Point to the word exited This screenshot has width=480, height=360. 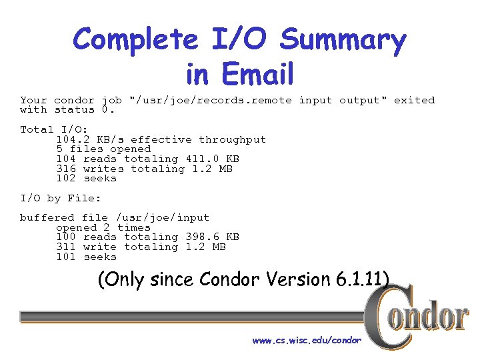point(413,100)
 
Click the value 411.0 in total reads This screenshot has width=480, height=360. point(199,159)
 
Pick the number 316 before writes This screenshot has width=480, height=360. point(66,169)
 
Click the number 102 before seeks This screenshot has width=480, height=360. point(66,178)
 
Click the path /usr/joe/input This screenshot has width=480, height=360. point(163,217)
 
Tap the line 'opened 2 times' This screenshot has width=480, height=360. point(103,227)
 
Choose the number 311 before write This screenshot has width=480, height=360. point(66,247)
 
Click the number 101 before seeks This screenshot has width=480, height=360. point(66,257)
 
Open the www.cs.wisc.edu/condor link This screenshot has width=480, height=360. point(307,340)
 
